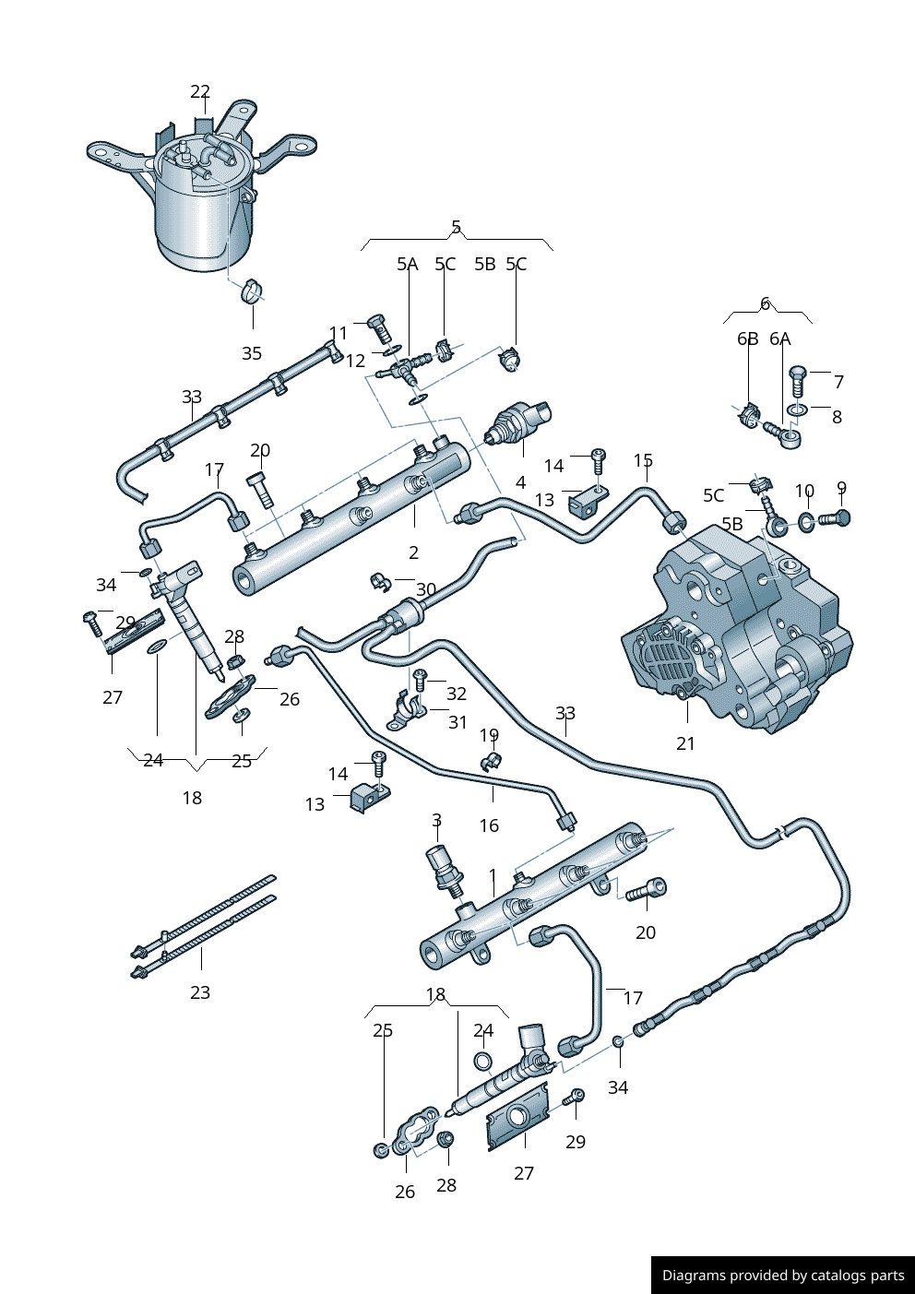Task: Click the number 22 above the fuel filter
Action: pos(200,91)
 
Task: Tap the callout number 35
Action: pos(252,353)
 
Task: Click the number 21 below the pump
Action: pos(685,743)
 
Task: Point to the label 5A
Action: pos(407,265)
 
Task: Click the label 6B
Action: pos(747,339)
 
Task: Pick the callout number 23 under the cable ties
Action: pos(200,992)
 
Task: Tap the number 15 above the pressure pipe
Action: pos(643,460)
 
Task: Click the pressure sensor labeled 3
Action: pos(444,868)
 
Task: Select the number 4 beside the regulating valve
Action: pos(520,482)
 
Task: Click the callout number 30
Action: pos(426,589)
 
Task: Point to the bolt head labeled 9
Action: pos(840,518)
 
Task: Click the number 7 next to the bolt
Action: pos(838,382)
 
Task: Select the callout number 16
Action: pos(489,825)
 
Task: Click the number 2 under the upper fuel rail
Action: pos(413,552)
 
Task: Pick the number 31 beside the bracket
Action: pos(457,722)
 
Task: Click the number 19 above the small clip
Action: pos(489,736)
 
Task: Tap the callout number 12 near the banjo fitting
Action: pos(356,361)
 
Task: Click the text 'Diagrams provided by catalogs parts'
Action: pos(783,1276)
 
